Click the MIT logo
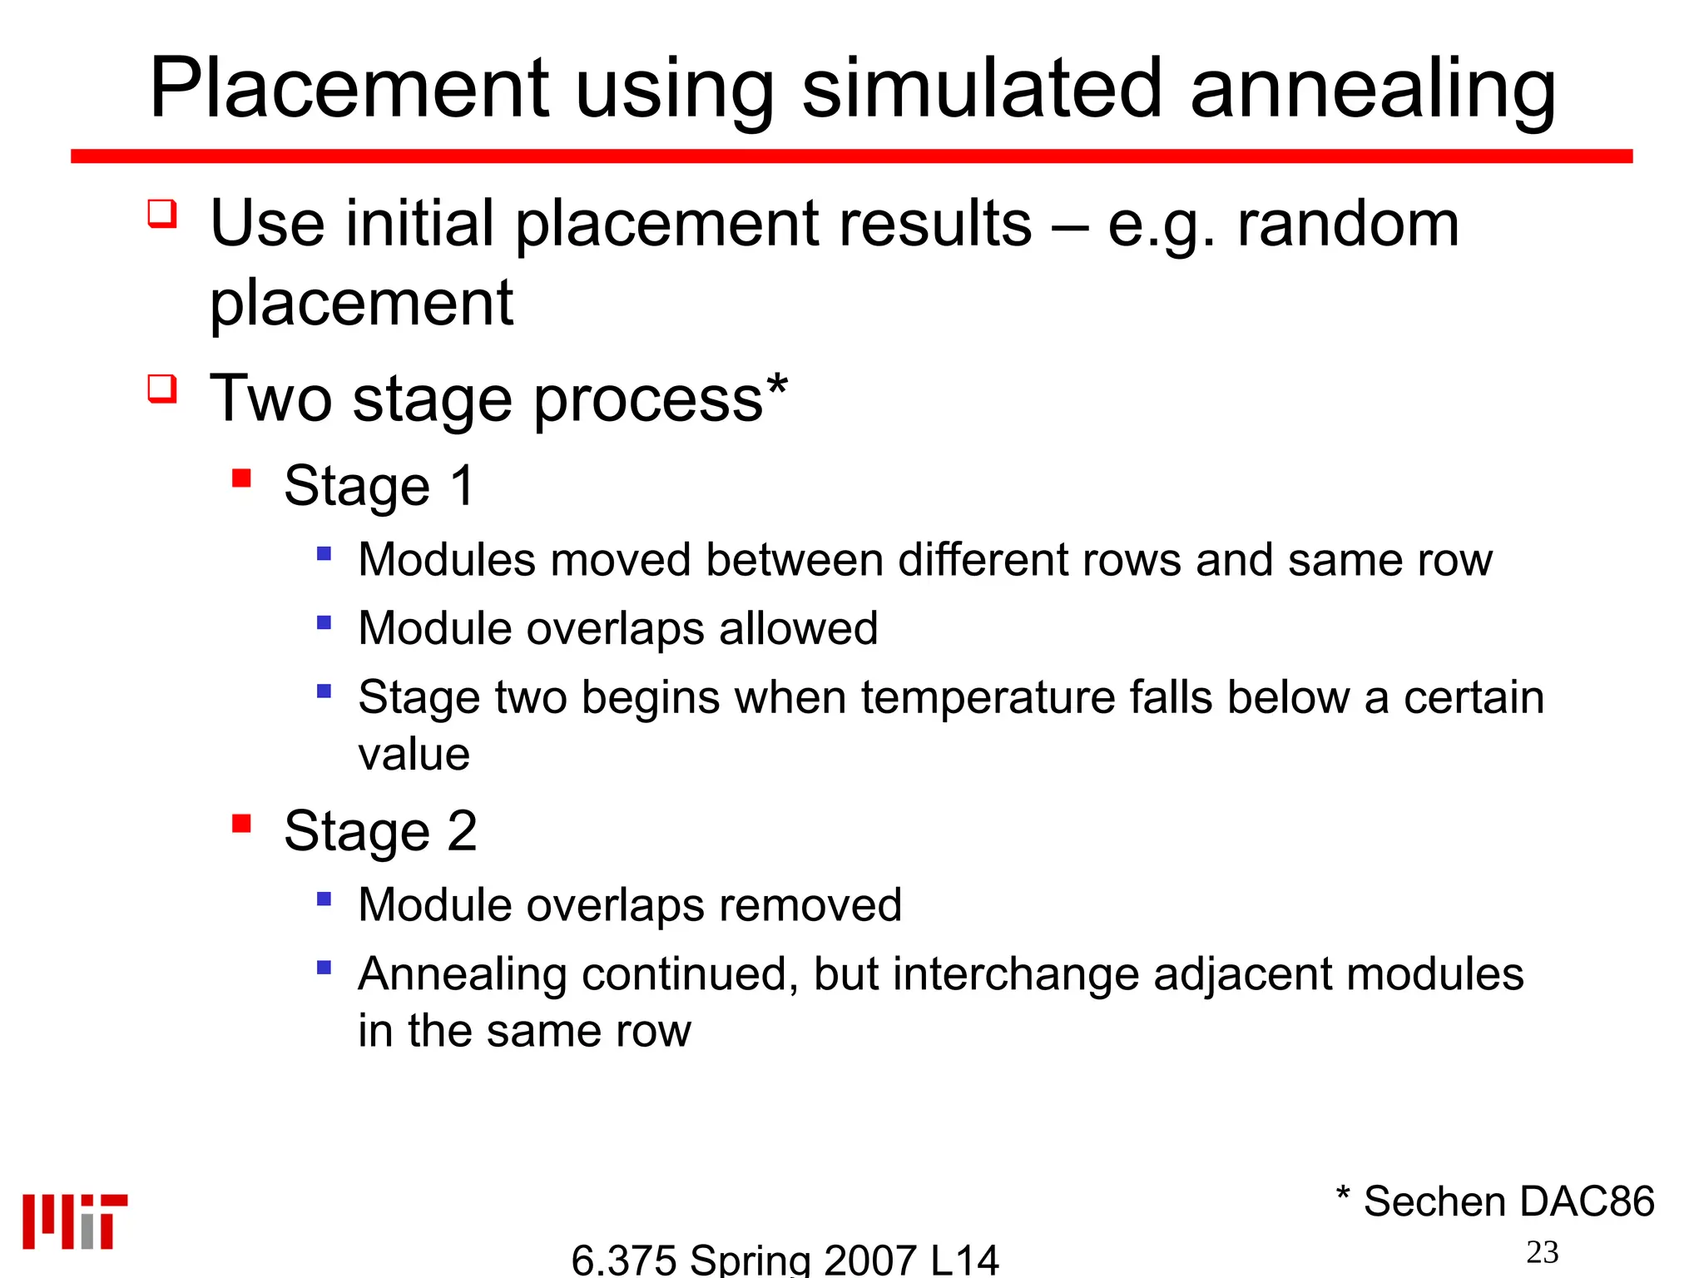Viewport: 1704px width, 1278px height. pyautogui.click(x=75, y=1221)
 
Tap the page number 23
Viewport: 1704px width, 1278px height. pyautogui.click(x=1542, y=1252)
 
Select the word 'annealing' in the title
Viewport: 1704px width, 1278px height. pyautogui.click(x=1373, y=90)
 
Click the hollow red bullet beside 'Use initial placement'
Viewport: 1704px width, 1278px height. pyautogui.click(x=162, y=213)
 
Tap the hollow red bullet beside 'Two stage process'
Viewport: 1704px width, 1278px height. pyautogui.click(x=162, y=388)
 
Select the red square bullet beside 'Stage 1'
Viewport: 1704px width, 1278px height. pyautogui.click(x=241, y=478)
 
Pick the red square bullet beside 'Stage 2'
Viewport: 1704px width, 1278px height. pyautogui.click(x=241, y=823)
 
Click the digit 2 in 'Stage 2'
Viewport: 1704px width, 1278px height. pyautogui.click(x=462, y=830)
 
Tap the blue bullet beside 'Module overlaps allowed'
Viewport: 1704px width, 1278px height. pyautogui.click(x=324, y=622)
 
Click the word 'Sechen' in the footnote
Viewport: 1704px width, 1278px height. pyautogui.click(x=1434, y=1201)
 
